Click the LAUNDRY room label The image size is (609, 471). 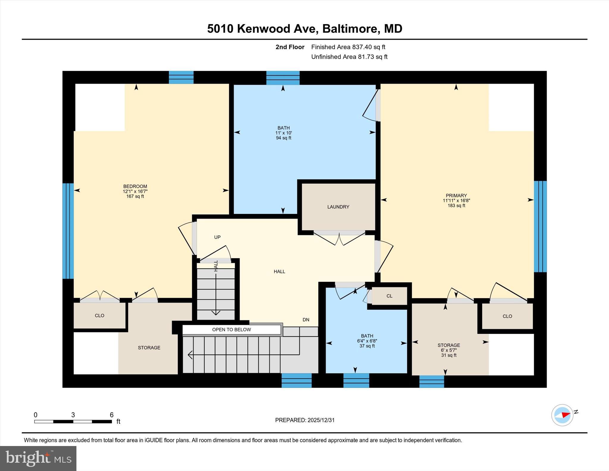338,207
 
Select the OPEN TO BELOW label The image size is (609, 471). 231,330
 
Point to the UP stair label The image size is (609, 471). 217,237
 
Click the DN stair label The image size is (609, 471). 306,320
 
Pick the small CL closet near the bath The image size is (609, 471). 389,296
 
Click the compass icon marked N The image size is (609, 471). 562,415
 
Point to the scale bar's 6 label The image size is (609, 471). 112,415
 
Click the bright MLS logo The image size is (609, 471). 38,458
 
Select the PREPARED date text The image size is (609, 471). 305,420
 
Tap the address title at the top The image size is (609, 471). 304,29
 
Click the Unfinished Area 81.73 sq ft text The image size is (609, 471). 349,57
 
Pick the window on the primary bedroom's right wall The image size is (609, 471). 540,227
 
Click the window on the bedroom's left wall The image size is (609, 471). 68,231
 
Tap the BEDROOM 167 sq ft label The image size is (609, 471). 135,191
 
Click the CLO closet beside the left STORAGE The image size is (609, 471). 100,316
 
